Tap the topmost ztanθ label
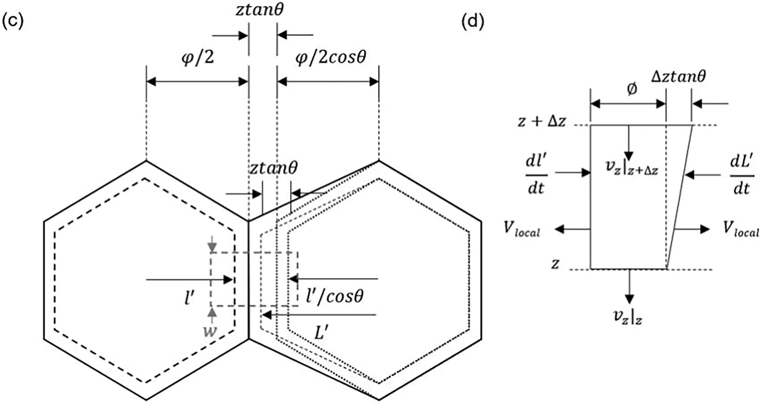tap(260, 10)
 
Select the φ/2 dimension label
tap(197, 57)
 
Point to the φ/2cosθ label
tap(331, 57)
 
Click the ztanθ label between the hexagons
tap(273, 168)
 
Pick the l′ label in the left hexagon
tap(190, 297)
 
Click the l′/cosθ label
tap(334, 296)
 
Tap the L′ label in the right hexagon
tap(321, 333)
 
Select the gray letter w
tap(210, 331)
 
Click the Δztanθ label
tap(678, 77)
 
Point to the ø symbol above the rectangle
tap(632, 89)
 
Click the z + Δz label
tap(541, 121)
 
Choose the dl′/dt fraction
tap(536, 175)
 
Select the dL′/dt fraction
tap(742, 175)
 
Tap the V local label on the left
tap(522, 229)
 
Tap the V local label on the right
tap(741, 229)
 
